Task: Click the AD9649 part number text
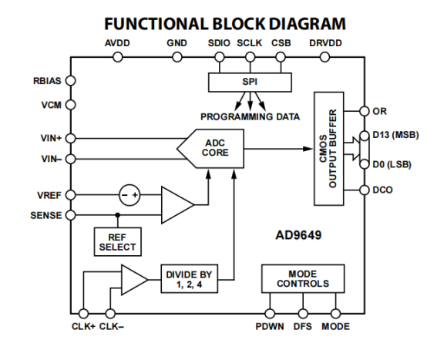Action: pyautogui.click(x=298, y=235)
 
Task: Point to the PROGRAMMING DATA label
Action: pyautogui.click(x=250, y=117)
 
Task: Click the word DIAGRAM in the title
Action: pyautogui.click(x=308, y=24)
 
